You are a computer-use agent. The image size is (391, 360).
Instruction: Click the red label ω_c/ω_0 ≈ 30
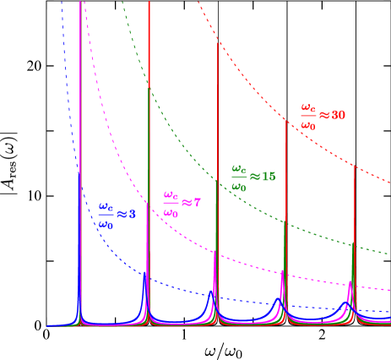[323, 116]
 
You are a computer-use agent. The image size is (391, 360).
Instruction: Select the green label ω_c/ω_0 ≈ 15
[253, 177]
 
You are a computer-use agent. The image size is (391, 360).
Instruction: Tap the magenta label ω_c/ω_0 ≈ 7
[182, 204]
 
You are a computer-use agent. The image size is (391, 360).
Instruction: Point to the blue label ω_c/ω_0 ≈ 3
[117, 215]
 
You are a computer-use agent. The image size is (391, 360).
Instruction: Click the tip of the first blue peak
[80, 174]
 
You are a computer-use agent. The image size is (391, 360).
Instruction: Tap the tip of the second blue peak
[146, 272]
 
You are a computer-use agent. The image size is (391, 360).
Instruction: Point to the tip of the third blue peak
[213, 291]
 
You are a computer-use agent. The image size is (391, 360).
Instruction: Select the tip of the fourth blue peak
[280, 298]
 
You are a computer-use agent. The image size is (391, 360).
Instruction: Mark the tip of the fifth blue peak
[346, 301]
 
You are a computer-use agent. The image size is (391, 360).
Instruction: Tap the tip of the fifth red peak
[354, 166]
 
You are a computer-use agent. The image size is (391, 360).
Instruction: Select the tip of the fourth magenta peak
[282, 271]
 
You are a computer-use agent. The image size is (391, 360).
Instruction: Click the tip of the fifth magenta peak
[350, 281]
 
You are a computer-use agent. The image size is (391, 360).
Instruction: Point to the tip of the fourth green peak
[285, 221]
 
